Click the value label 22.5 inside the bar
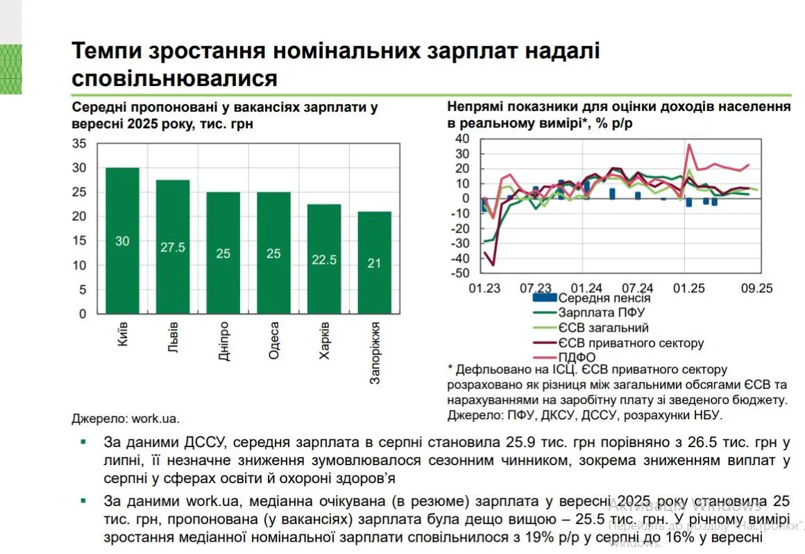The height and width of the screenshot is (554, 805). pyautogui.click(x=324, y=260)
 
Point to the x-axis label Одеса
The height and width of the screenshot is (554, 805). pyautogui.click(x=273, y=341)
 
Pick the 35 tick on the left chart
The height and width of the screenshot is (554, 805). pyautogui.click(x=79, y=144)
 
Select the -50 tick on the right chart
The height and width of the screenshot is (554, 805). pyautogui.click(x=459, y=274)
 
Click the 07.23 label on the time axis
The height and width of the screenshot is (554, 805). pyautogui.click(x=535, y=287)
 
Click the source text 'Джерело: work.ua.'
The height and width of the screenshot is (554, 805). pyautogui.click(x=125, y=419)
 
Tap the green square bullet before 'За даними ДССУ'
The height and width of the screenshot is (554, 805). pyautogui.click(x=84, y=442)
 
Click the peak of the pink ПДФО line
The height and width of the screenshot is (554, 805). pyautogui.click(x=689, y=144)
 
